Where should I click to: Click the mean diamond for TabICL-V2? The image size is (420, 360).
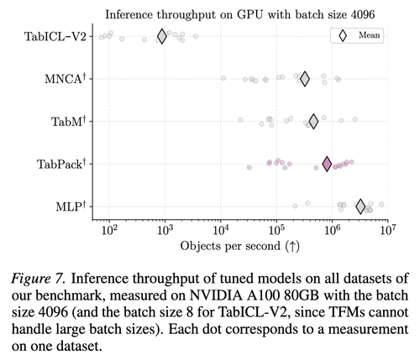click(x=162, y=36)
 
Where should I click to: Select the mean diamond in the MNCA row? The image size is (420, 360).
click(x=305, y=79)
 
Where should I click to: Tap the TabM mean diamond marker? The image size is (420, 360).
click(x=313, y=122)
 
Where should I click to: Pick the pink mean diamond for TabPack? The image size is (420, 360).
click(x=327, y=164)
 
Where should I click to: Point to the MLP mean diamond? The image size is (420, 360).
click(x=360, y=206)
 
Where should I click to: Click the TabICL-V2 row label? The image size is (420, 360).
click(x=55, y=36)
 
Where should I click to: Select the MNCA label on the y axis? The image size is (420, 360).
click(x=66, y=79)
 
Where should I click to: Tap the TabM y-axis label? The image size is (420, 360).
click(x=68, y=121)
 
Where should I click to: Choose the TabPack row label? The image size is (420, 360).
click(x=61, y=164)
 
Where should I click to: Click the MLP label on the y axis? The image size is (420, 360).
click(x=71, y=206)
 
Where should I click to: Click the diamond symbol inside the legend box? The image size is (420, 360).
click(x=343, y=35)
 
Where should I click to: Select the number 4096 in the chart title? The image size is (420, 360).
click(x=363, y=14)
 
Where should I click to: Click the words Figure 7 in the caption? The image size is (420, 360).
click(x=39, y=279)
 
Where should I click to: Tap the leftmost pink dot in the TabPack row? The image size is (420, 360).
click(x=249, y=167)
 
